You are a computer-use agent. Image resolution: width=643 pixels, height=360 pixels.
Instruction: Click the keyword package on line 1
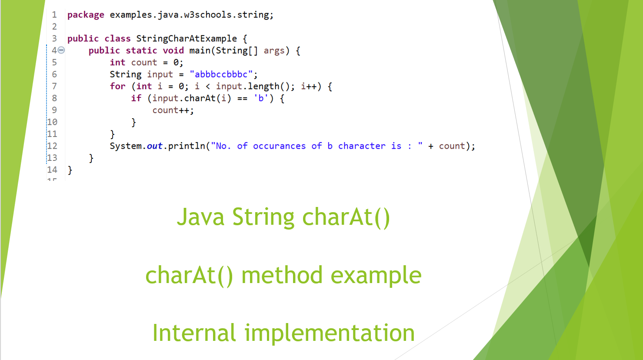coord(86,15)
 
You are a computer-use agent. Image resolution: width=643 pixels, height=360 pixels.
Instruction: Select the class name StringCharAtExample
coord(187,39)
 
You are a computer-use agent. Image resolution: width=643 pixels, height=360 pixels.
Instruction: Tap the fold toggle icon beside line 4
coord(61,50)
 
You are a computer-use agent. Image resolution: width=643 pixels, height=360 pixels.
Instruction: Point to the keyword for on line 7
coord(117,87)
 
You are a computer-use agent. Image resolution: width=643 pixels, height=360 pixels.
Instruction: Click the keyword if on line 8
coord(136,98)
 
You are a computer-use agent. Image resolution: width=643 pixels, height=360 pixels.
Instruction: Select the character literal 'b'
coord(261,98)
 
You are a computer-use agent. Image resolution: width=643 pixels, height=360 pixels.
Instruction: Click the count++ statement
coord(173,110)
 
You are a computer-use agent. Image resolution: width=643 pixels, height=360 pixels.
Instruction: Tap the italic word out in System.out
coord(154,146)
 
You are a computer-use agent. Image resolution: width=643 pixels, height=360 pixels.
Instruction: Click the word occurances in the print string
coord(279,146)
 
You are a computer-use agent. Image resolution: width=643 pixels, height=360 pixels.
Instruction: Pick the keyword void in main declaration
coord(173,50)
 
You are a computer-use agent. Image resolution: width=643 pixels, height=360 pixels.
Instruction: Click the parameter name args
coord(274,50)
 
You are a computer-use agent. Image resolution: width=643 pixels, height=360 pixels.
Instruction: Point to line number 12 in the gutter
coord(52,146)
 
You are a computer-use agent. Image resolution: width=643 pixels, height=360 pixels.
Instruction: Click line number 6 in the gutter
coord(54,74)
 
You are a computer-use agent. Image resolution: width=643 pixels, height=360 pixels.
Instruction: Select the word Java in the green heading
coord(200,217)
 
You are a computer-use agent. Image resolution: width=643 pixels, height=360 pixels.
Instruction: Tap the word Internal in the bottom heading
coord(194,333)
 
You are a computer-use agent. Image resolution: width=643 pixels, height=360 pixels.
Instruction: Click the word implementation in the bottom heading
coord(330,333)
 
